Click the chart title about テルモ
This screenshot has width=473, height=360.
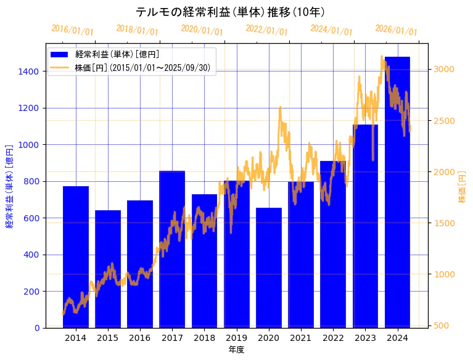click(x=230, y=12)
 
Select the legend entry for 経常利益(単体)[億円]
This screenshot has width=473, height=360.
click(x=117, y=55)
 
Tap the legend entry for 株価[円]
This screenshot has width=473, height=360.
click(x=144, y=68)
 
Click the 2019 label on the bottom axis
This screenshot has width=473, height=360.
click(x=237, y=338)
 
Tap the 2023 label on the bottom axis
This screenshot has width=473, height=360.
click(x=365, y=338)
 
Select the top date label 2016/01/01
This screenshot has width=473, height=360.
click(x=72, y=30)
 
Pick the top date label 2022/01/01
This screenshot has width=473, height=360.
click(x=266, y=30)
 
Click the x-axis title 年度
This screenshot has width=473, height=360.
click(x=236, y=350)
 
